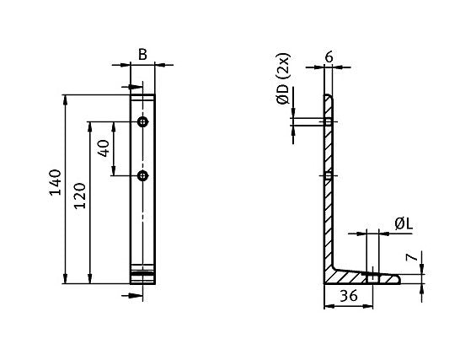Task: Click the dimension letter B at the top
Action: (142, 55)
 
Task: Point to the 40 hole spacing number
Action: (104, 149)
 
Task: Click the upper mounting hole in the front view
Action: (143, 123)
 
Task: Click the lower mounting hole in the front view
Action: (143, 175)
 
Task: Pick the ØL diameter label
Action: (402, 223)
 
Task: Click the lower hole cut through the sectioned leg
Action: (329, 175)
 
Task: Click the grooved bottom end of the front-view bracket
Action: (143, 275)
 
